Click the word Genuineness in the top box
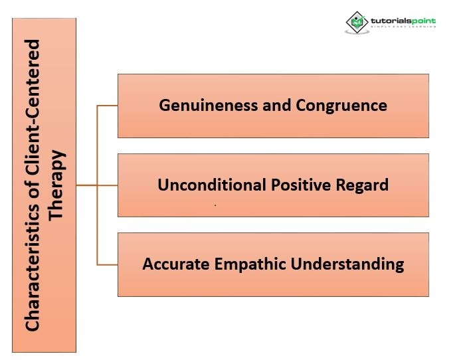coord(198,105)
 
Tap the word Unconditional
coord(202,185)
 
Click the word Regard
coord(364,185)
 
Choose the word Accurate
coord(174,264)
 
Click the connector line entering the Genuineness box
coord(108,105)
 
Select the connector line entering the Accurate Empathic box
coord(108,264)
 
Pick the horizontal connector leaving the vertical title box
coord(86,185)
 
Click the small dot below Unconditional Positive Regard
coord(215,207)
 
